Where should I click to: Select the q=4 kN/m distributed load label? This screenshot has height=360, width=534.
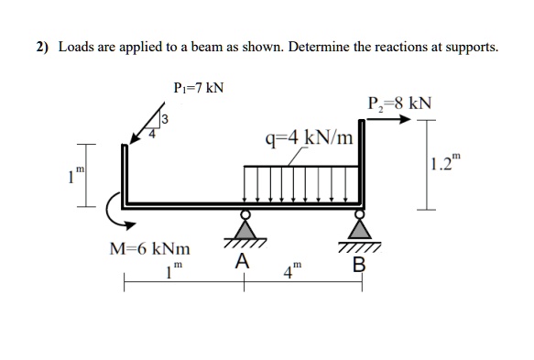[x=307, y=138]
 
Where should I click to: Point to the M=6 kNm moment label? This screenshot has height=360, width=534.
[x=150, y=248]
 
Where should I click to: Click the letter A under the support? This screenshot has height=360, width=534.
[x=241, y=261]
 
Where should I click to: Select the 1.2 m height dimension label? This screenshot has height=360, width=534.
[x=445, y=167]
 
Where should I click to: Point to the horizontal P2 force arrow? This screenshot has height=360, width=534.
[x=388, y=118]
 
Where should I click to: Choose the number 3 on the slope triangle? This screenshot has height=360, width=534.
[x=165, y=117]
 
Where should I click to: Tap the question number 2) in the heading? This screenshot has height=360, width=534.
[x=43, y=47]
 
